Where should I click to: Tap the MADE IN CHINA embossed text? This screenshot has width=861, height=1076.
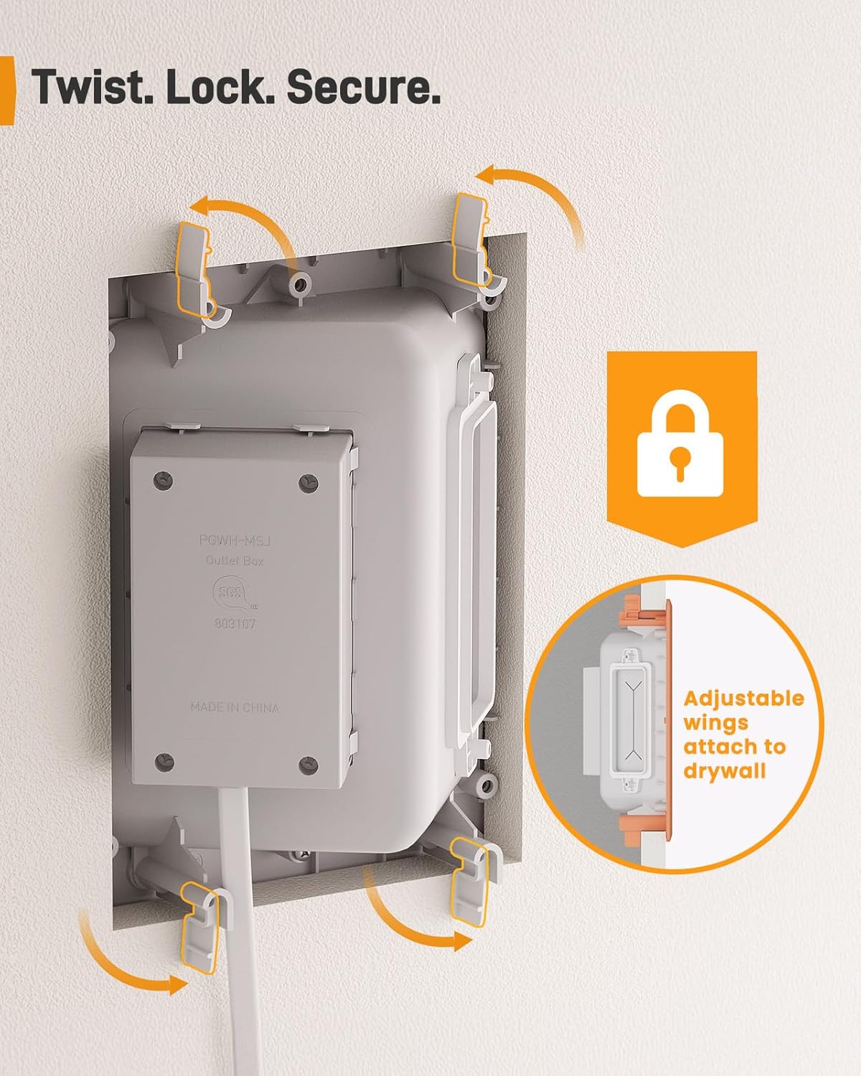click(235, 707)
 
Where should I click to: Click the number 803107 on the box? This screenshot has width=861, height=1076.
click(235, 624)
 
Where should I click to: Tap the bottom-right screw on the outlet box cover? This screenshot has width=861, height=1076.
click(309, 763)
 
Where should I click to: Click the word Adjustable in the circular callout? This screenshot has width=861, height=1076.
click(743, 698)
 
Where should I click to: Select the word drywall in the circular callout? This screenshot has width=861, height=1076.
click(725, 771)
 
